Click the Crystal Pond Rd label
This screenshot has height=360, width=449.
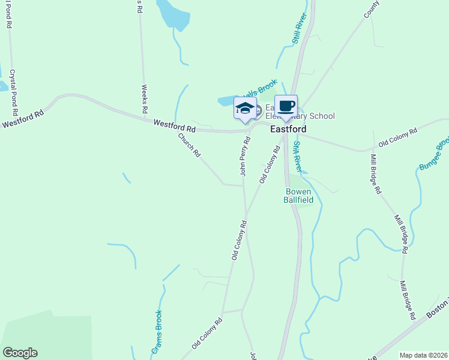tap(13, 93)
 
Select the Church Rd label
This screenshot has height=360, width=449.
tap(188, 145)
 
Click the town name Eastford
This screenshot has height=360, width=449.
tap(288, 129)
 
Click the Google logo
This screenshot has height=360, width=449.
tap(20, 353)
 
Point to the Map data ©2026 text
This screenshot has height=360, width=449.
tap(424, 355)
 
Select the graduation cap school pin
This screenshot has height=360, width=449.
tap(245, 109)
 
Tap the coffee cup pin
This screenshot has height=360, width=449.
tap(286, 106)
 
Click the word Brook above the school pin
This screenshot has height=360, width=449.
tap(267, 86)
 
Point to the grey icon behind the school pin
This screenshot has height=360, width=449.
tap(258, 110)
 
